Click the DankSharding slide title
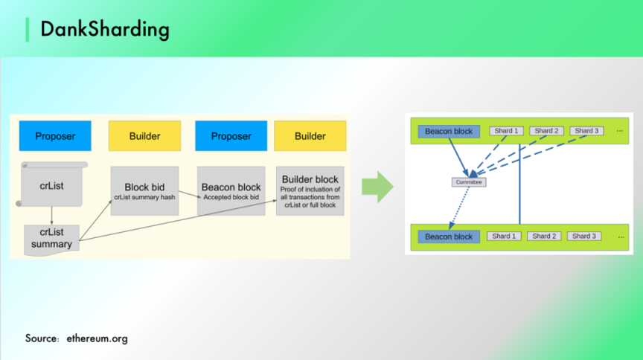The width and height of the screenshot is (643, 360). coord(104,29)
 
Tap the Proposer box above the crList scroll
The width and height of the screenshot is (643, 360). coord(55,136)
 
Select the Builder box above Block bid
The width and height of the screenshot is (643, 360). coord(144,136)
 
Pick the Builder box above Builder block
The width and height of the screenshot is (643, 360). coord(310,136)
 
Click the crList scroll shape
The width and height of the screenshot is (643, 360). coord(51,185)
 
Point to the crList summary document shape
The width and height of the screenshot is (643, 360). coord(51,239)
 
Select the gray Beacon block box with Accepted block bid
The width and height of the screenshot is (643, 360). coord(231,190)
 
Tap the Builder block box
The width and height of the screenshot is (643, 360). coord(310,190)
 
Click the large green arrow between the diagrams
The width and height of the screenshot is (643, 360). coord(377,187)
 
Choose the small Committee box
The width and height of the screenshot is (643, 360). coord(469,182)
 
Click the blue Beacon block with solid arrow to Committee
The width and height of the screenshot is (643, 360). coord(449,131)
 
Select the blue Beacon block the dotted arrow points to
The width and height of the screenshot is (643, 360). coord(449,237)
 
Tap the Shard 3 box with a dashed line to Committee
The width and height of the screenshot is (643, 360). coord(586,131)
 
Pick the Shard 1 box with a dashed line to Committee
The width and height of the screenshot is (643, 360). coord(506,131)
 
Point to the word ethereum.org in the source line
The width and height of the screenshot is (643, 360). coord(97,338)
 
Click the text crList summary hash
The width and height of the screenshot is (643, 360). coord(145,197)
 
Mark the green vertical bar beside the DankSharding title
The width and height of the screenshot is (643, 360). coord(28,29)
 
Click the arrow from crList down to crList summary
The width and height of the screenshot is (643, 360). coord(51,216)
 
